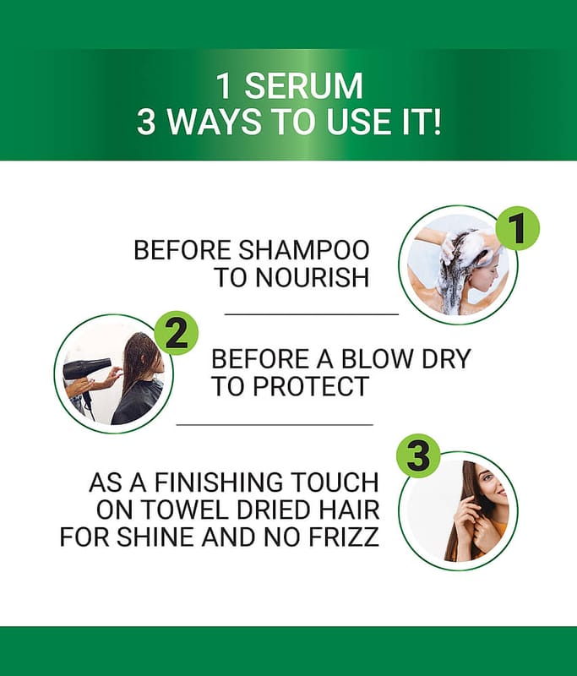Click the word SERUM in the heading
pos(303,86)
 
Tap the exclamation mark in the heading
pos(437,122)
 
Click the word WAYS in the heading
pos(215,122)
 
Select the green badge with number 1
pos(518,228)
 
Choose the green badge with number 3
pos(418,457)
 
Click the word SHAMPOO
pos(304,250)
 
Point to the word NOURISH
pos(313,277)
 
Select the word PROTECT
pos(310,386)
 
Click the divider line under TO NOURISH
pos(312,314)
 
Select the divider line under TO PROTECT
pos(275,425)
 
